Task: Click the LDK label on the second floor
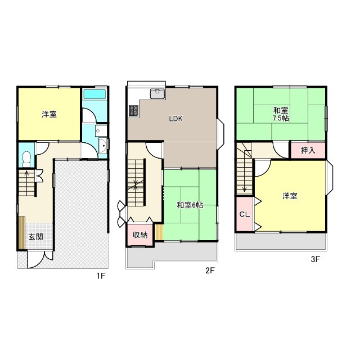pos(176,119)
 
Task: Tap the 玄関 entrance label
pos(35,237)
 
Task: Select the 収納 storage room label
pos(140,235)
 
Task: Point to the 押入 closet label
pos(308,150)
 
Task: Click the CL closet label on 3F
pos(244,214)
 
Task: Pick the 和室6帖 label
pos(190,205)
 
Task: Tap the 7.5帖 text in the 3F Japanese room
pos(281,119)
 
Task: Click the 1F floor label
pos(101,276)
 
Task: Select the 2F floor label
pos(210,271)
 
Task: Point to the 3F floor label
pos(315,259)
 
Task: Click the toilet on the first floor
pos(26,159)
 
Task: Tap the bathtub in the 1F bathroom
pos(94,94)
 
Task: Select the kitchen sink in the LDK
pos(157,93)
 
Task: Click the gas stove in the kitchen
pos(134,111)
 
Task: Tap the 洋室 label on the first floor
pos(49,114)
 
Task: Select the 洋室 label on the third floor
pos(290,196)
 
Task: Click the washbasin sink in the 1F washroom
pos(102,145)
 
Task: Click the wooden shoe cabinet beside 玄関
pos(22,232)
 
